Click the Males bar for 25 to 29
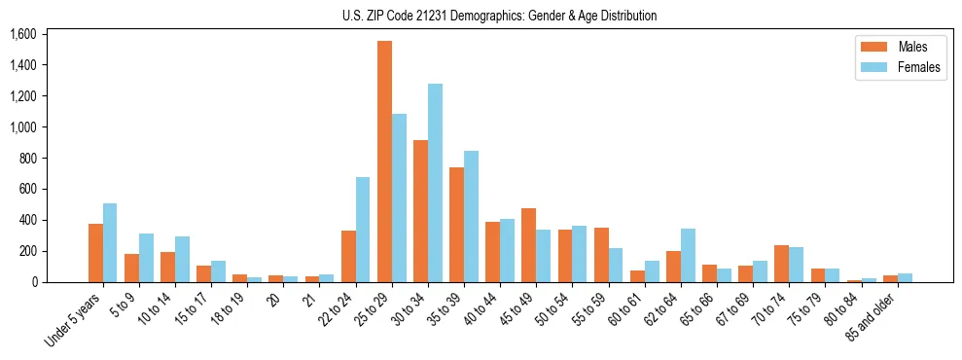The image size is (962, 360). (x=384, y=162)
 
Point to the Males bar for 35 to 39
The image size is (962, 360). (x=456, y=225)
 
